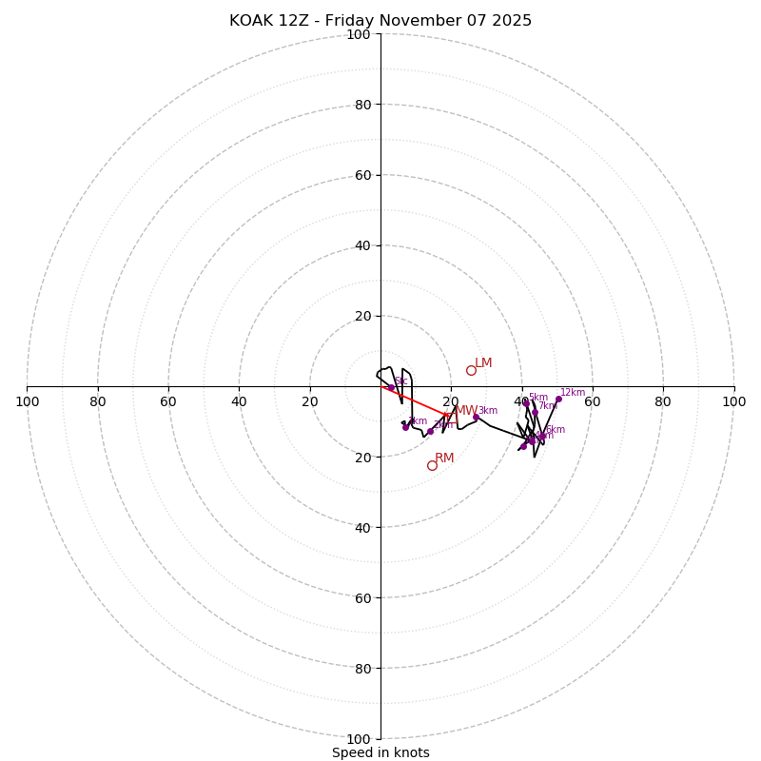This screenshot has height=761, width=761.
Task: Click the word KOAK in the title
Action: click(x=249, y=21)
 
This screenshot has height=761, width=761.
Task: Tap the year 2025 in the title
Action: click(x=512, y=21)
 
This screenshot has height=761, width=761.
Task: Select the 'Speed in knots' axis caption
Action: click(x=380, y=752)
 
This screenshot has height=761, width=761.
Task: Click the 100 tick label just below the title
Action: click(x=358, y=34)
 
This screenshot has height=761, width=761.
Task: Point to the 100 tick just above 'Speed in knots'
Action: click(x=358, y=738)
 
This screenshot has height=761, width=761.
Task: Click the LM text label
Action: click(x=483, y=362)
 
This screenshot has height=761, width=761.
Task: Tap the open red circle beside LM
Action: click(x=471, y=370)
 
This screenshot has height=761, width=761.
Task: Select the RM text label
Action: click(x=444, y=458)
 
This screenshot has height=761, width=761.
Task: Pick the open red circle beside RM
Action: click(x=432, y=465)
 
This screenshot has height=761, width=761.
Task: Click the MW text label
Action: click(x=466, y=410)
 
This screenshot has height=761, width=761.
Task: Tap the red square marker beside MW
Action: click(x=451, y=417)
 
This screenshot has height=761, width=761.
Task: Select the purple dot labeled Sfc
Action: click(x=391, y=388)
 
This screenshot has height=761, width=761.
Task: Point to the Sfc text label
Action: click(x=401, y=380)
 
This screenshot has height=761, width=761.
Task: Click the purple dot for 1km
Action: click(x=405, y=427)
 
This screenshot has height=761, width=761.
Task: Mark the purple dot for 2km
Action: click(x=430, y=431)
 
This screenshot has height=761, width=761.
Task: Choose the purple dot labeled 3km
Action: click(x=476, y=417)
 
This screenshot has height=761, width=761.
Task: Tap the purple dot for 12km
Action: click(x=558, y=399)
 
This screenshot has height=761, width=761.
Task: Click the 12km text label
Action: click(x=573, y=392)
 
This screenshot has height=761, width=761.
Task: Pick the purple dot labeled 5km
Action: click(x=525, y=403)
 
